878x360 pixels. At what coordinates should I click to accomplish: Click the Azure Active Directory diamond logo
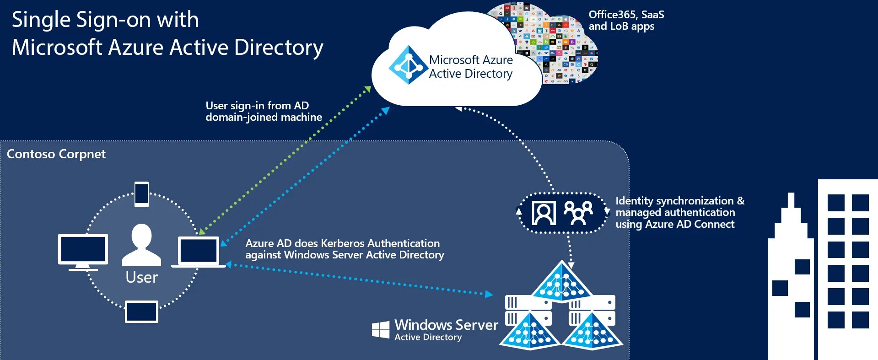coord(408,65)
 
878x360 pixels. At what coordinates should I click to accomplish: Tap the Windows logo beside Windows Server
coord(381,329)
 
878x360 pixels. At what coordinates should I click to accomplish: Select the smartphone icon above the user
coord(141,194)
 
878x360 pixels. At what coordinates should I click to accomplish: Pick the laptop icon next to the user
coord(198,252)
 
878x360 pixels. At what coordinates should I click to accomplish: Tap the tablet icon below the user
coord(141,312)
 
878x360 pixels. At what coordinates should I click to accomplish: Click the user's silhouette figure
coord(141,245)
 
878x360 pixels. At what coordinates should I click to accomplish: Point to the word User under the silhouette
coord(141,277)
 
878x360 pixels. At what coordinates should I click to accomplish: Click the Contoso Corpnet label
coord(56,154)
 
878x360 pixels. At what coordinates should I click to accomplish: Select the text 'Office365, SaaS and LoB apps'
coord(626,21)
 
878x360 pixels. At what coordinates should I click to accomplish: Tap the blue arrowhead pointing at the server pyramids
coord(489,294)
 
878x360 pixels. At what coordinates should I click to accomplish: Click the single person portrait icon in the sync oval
coord(544,213)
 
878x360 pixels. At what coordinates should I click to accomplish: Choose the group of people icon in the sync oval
coord(578,213)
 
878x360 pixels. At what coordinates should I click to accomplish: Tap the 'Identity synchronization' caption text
coord(679,201)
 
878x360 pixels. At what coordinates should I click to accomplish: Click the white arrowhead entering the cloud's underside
coord(458,108)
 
